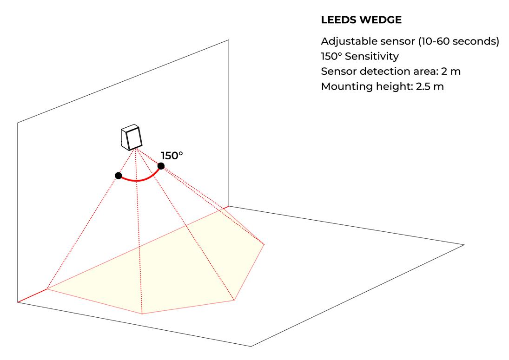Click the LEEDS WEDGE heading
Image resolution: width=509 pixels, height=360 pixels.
pyautogui.click(x=361, y=20)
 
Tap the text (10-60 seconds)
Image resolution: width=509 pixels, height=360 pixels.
pyautogui.click(x=459, y=41)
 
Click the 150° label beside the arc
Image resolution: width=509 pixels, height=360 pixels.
pyautogui.click(x=172, y=156)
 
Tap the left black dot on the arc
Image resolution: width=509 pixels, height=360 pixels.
pyautogui.click(x=119, y=176)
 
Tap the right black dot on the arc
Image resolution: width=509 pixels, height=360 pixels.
pyautogui.click(x=161, y=166)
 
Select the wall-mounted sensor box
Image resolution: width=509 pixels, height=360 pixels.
pyautogui.click(x=131, y=137)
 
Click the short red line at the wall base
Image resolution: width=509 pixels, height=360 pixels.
pyautogui.click(x=32, y=296)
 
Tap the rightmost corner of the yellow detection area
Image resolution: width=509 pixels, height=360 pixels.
pyautogui.click(x=264, y=244)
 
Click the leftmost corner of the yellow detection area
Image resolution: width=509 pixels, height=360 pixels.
pyautogui.click(x=47, y=289)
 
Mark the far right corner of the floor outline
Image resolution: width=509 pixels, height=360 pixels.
pyautogui.click(x=464, y=244)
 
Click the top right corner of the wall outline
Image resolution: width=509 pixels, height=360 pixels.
pyautogui.click(x=229, y=40)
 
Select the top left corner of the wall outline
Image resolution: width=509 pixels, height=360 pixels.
pyautogui.click(x=18, y=123)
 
